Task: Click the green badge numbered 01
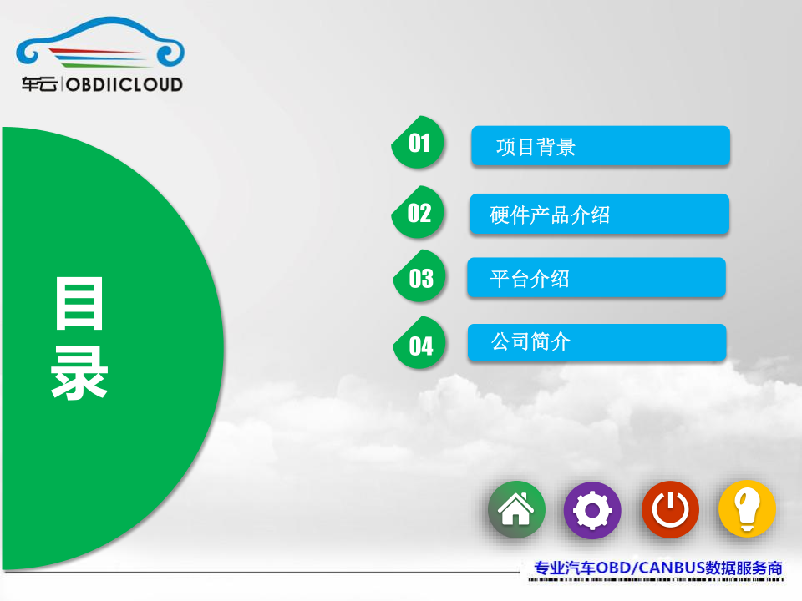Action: coord(418,143)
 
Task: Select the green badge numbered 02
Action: coord(418,212)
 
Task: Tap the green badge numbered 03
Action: coord(419,276)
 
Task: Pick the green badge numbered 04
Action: coord(419,343)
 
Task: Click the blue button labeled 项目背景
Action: coord(601,145)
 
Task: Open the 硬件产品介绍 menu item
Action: coord(600,214)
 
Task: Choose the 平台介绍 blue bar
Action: coord(596,277)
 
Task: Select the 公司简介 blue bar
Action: coord(596,342)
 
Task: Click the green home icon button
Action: coord(516,509)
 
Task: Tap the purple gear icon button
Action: coord(592,510)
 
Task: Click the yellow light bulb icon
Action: coord(747,509)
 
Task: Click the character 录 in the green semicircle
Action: coord(79,372)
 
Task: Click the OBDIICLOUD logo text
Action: coord(124,84)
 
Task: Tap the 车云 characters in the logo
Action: coord(39,83)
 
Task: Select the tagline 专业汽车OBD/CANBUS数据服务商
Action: coord(658,568)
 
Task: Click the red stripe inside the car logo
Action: coord(94,51)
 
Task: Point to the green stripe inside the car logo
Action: coord(109,65)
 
